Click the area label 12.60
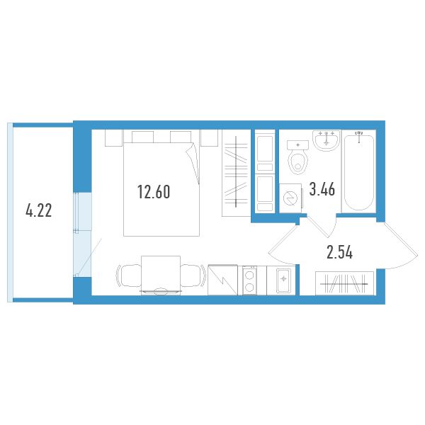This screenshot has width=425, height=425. click(x=154, y=192)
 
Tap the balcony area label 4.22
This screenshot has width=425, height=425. click(x=38, y=210)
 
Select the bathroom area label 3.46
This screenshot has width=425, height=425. click(x=322, y=189)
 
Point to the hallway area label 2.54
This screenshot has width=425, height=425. click(x=339, y=252)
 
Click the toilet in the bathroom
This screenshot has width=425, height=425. click(x=298, y=158)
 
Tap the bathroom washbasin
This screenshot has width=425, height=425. click(x=327, y=140)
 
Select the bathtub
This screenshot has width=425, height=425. click(x=359, y=171)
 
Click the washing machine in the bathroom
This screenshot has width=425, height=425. click(x=291, y=198)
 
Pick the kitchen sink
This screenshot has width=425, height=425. click(x=283, y=280)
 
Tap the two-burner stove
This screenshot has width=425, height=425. click(x=249, y=280)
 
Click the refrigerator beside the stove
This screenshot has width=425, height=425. click(x=223, y=280)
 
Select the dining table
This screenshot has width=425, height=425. click(x=161, y=275)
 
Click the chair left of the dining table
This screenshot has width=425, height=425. click(x=129, y=276)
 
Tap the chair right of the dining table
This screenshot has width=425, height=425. click(x=193, y=276)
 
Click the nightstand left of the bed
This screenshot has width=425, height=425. click(x=113, y=138)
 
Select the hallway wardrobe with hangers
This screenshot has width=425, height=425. click(x=344, y=283)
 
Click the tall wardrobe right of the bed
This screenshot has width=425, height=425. click(x=236, y=173)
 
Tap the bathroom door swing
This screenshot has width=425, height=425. click(x=322, y=225)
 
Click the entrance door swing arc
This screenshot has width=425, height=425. click(x=400, y=246)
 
